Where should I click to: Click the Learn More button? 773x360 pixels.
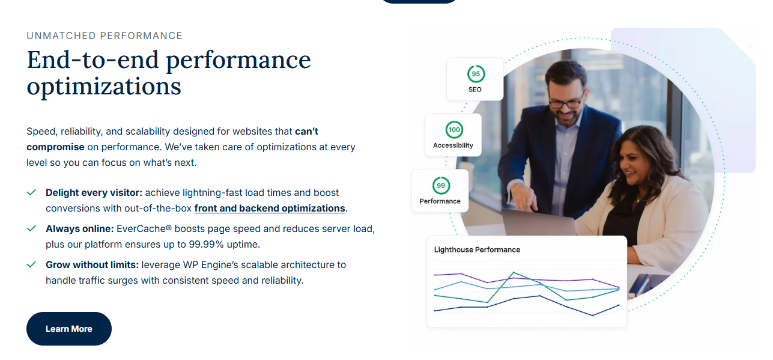(x=69, y=329)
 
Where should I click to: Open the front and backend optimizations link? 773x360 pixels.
(x=270, y=209)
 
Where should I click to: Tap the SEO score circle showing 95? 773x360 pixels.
(x=476, y=74)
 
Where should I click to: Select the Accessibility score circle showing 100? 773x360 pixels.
(x=454, y=130)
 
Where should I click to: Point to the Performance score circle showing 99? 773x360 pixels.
(x=441, y=186)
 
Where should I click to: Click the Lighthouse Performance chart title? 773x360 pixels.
(x=477, y=249)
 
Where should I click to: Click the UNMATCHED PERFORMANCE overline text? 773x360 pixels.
(x=105, y=36)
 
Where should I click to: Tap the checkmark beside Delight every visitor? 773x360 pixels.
(x=31, y=192)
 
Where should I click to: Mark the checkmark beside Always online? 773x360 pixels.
(x=31, y=228)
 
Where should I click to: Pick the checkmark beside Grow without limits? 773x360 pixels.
(x=31, y=264)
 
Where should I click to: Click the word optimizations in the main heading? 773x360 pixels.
(x=104, y=87)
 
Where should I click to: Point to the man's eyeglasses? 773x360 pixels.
(x=566, y=102)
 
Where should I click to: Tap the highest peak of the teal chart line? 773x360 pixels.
(x=514, y=272)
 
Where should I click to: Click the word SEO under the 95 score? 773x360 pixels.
(x=475, y=90)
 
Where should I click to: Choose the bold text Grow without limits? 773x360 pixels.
(x=92, y=264)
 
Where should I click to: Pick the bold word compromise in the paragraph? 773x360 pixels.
(x=56, y=147)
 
